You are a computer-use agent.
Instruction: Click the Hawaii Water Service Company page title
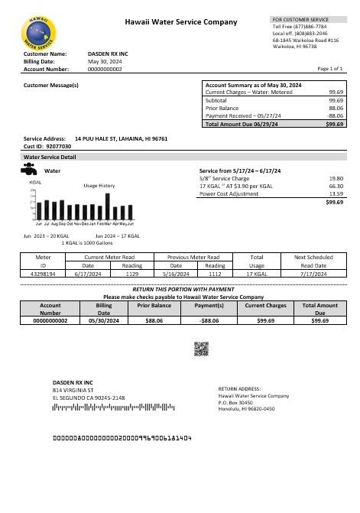coord(180,23)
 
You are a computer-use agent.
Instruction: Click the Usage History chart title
coord(99,186)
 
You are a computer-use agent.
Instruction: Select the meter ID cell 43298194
coord(43,272)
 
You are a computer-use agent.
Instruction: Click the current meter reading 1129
coord(132,272)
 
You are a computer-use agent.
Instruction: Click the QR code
coord(201,349)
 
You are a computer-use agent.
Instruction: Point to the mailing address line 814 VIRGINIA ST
coord(72,390)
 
